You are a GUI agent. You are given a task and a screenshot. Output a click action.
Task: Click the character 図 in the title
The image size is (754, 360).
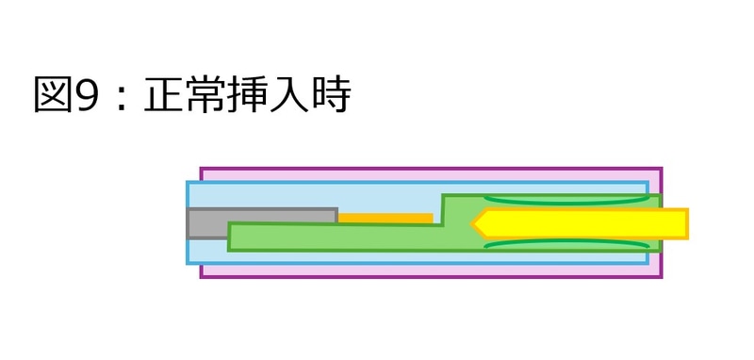(x=53, y=95)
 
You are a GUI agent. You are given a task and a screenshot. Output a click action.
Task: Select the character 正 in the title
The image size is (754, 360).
(x=164, y=95)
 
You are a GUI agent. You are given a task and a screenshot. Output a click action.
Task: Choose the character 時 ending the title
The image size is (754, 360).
(x=332, y=95)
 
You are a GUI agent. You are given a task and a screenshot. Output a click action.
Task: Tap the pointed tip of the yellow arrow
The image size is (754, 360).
(x=473, y=223)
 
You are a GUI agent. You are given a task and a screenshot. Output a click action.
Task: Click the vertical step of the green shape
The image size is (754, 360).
(x=442, y=209)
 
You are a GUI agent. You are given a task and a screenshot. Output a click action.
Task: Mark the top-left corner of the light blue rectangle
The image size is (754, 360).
(x=188, y=182)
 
